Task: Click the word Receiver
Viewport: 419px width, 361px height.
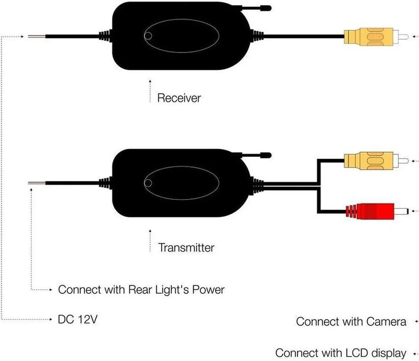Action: point(179,98)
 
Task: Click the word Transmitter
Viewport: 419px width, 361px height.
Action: point(186,248)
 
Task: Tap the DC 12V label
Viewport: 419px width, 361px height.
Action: point(78,319)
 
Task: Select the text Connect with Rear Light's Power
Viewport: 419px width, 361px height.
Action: point(141,290)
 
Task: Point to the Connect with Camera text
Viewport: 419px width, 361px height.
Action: point(351,321)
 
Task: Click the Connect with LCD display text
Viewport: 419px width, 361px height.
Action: point(340,353)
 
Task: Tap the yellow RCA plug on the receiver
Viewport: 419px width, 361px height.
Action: point(368,37)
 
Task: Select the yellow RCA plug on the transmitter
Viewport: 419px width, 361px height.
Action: point(368,161)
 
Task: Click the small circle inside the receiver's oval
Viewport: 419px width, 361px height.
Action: point(148,36)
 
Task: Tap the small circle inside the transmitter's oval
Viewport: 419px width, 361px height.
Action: point(148,183)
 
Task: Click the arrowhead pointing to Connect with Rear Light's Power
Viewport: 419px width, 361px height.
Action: point(50,290)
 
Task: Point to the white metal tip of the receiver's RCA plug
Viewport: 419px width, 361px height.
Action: point(403,37)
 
